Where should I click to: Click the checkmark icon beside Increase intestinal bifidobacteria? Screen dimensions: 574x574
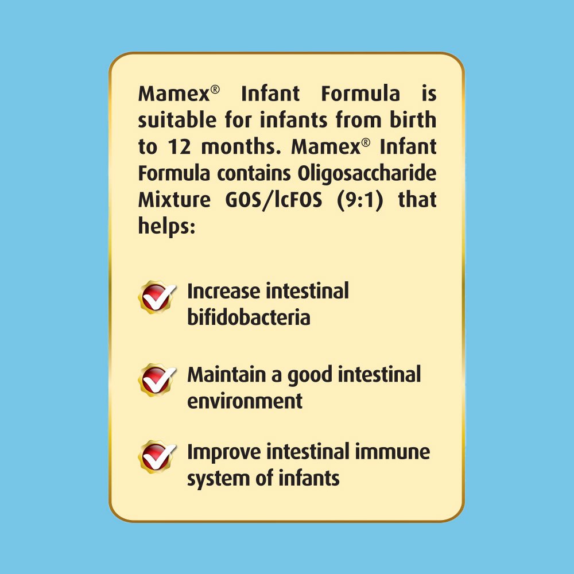[157, 297]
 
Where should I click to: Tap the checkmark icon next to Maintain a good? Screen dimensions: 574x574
[157, 380]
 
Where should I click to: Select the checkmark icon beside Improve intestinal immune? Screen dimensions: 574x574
[157, 457]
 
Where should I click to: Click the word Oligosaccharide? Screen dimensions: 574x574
[366, 173]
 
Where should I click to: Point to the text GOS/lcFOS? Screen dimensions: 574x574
[274, 200]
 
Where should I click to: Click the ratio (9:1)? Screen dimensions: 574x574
[360, 200]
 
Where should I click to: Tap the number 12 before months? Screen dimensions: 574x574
[179, 147]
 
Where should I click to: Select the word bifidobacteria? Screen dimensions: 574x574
[249, 317]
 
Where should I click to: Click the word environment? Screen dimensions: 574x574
[245, 401]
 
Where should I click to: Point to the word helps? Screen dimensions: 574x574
[166, 226]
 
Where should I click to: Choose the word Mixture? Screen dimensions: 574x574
[174, 200]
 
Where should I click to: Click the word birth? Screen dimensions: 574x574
[413, 120]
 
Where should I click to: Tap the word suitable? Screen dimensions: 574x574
[177, 120]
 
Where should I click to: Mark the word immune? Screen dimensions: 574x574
[392, 452]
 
